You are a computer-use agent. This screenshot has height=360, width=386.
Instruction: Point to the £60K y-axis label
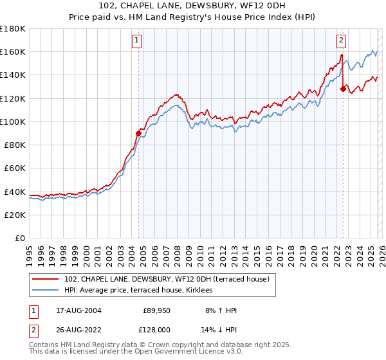pos(15,168)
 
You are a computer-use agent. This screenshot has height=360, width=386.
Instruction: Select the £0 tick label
pos(21,238)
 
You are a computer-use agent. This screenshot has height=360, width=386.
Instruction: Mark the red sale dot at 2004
pos(138,133)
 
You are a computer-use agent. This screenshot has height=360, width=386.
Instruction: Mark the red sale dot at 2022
pos(342,89)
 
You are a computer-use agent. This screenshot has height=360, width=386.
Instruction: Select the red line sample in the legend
pos(46,279)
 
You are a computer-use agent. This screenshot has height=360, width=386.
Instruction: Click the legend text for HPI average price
pos(143,291)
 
